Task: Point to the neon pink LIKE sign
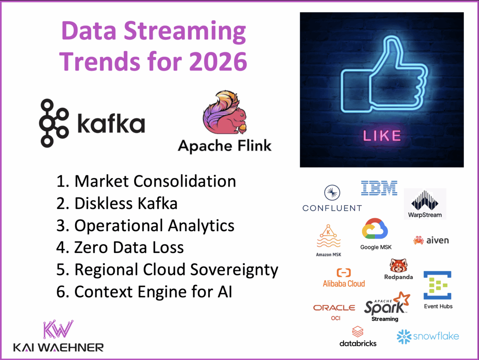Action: [381, 135]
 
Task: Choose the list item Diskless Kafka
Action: [126, 204]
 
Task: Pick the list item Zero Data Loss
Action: [129, 247]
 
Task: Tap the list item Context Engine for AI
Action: [153, 292]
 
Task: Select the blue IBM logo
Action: [379, 188]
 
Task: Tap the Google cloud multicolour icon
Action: [375, 230]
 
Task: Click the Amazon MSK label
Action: [329, 254]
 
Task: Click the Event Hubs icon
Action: [437, 285]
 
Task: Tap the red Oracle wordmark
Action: [334, 308]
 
